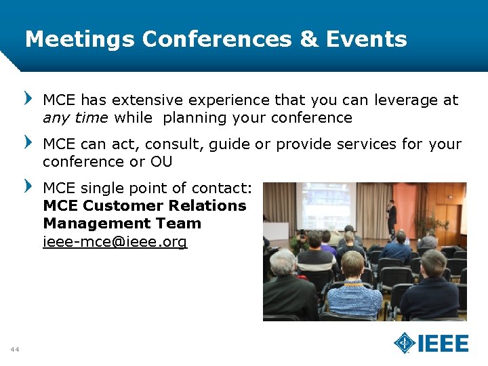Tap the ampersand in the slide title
pos(308,39)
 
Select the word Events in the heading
pos(367,39)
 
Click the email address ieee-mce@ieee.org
pos(115,242)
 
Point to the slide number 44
pos(14,349)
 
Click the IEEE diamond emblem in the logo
pos(405,343)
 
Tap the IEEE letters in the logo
pos(443,344)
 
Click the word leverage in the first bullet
pos(406,100)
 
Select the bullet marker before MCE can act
pos(28,142)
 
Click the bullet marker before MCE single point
pos(28,186)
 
